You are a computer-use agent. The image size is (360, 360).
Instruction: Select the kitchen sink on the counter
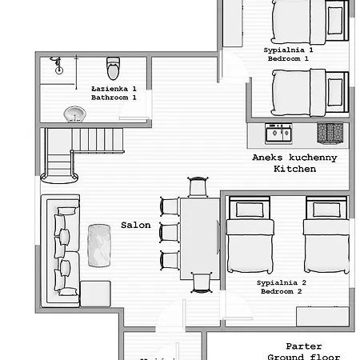pos(278,132)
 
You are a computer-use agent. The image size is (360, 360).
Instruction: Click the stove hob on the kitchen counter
pos(330,132)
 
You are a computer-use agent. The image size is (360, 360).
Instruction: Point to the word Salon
pos(136,225)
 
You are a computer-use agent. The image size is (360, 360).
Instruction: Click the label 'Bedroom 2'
pos(281,292)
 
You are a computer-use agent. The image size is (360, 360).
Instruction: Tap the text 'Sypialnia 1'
pos(288,50)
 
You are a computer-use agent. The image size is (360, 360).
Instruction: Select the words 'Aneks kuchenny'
pos(294,158)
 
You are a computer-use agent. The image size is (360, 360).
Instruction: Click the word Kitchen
pos(289,170)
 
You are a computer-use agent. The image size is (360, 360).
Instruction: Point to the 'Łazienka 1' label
pos(114,88)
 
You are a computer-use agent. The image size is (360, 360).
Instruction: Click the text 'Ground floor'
pos(304,357)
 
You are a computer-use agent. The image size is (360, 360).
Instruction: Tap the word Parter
pos(304,346)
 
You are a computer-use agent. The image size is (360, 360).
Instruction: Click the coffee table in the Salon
pos(98,243)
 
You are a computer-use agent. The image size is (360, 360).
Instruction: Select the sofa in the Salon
pos(62,250)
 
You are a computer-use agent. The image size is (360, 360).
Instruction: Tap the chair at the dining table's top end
pos(198,187)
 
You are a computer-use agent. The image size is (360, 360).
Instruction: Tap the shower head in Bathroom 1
pos(56,65)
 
